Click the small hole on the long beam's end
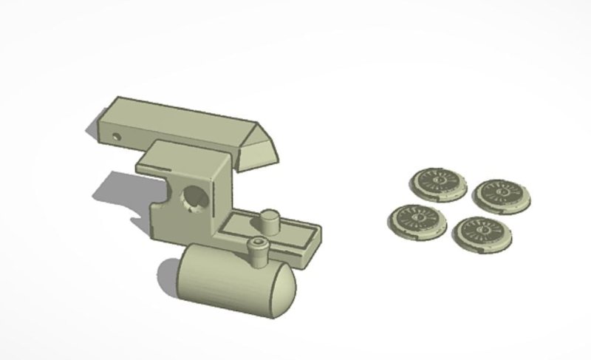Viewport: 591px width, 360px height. coord(117,136)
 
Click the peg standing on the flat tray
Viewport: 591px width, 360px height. coord(270,220)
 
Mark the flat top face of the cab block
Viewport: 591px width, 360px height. coord(185,157)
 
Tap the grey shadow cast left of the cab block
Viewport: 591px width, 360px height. coord(118,192)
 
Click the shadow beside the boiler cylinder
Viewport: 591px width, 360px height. coord(166,277)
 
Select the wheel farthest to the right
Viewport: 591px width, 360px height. coord(503,194)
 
